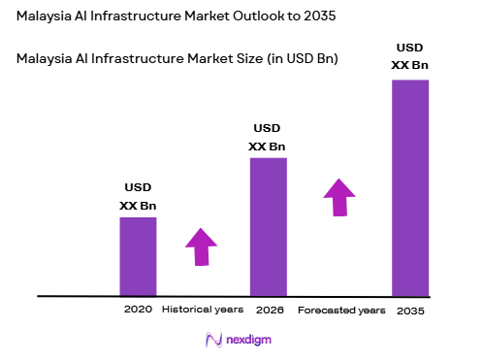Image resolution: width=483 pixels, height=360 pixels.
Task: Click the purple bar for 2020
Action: [x=138, y=256]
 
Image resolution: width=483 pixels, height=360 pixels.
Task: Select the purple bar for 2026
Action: [x=269, y=226]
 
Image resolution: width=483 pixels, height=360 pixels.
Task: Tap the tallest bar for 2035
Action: [x=410, y=187]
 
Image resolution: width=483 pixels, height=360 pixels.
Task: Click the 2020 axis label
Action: [x=138, y=310]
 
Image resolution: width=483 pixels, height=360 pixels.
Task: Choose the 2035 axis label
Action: [x=410, y=311]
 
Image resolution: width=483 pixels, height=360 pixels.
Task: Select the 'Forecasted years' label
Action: [x=340, y=311]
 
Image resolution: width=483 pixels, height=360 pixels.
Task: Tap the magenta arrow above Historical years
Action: [x=201, y=246]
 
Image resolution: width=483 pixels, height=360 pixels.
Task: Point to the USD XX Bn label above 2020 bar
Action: [x=138, y=196]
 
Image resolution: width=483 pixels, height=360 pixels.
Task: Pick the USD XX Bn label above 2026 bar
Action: [x=268, y=137]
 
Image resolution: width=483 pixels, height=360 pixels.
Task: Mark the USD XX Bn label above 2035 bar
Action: [x=410, y=56]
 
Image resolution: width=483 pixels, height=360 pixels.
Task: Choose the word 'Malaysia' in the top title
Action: [x=47, y=17]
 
